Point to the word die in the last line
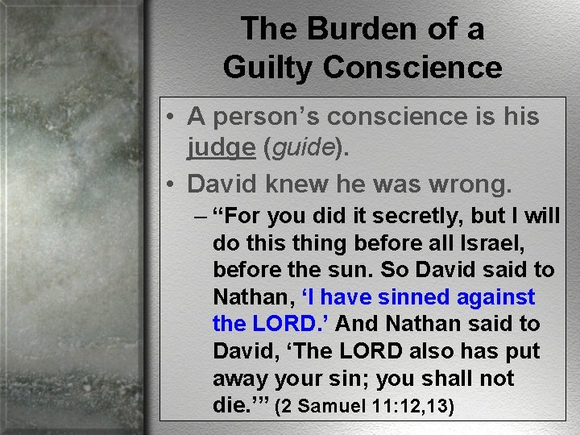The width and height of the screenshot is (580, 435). click(230, 406)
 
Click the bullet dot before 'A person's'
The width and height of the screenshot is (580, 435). click(173, 117)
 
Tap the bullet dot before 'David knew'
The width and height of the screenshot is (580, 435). click(173, 184)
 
